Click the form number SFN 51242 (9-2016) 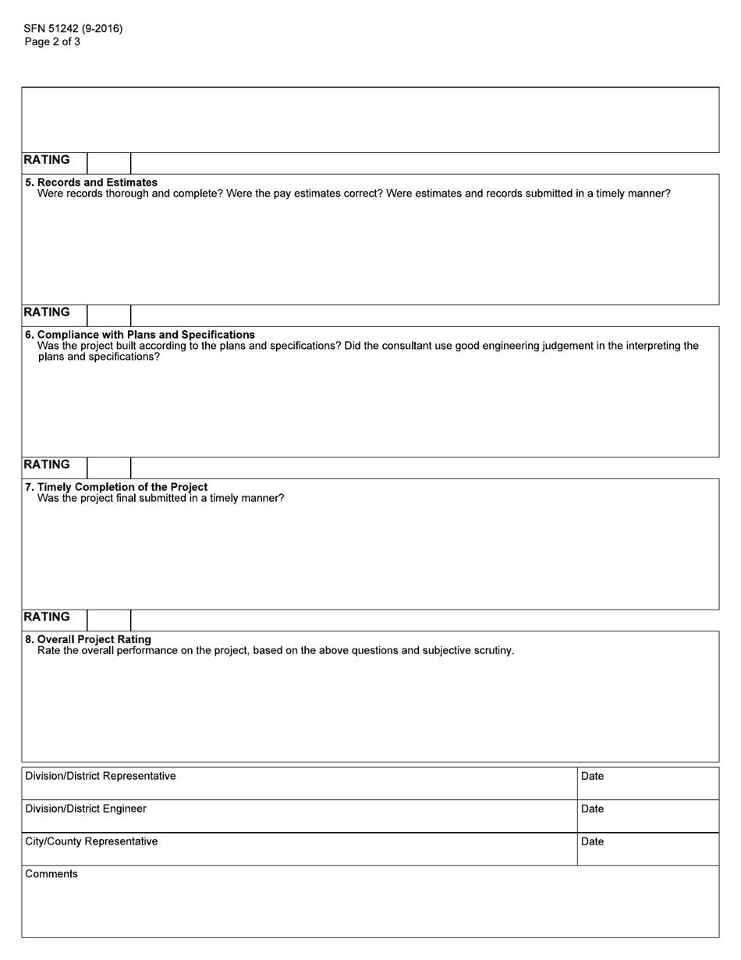[73, 29]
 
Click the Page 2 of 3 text [52, 42]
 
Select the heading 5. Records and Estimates [91, 182]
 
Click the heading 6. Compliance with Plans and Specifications [140, 334]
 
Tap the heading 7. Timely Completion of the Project [116, 486]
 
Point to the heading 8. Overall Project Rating [88, 638]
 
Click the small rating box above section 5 [108, 163]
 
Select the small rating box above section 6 [108, 315]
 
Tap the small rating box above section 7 [108, 468]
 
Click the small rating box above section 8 [108, 620]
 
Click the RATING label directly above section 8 [47, 617]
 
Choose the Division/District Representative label [101, 776]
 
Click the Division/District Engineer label [86, 809]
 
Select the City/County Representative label [91, 841]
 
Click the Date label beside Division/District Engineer [592, 809]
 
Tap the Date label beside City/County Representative [592, 841]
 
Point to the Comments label [51, 874]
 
